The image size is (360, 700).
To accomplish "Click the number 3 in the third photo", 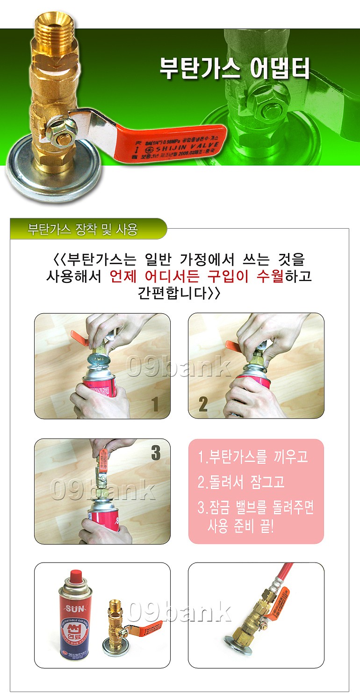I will point(156,453).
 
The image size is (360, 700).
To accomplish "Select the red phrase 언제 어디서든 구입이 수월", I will point(196,276).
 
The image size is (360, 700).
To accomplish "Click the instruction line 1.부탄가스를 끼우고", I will point(253,457).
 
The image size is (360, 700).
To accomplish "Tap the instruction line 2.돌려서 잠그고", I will point(241,482).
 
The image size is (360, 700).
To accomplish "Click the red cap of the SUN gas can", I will point(75,576).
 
